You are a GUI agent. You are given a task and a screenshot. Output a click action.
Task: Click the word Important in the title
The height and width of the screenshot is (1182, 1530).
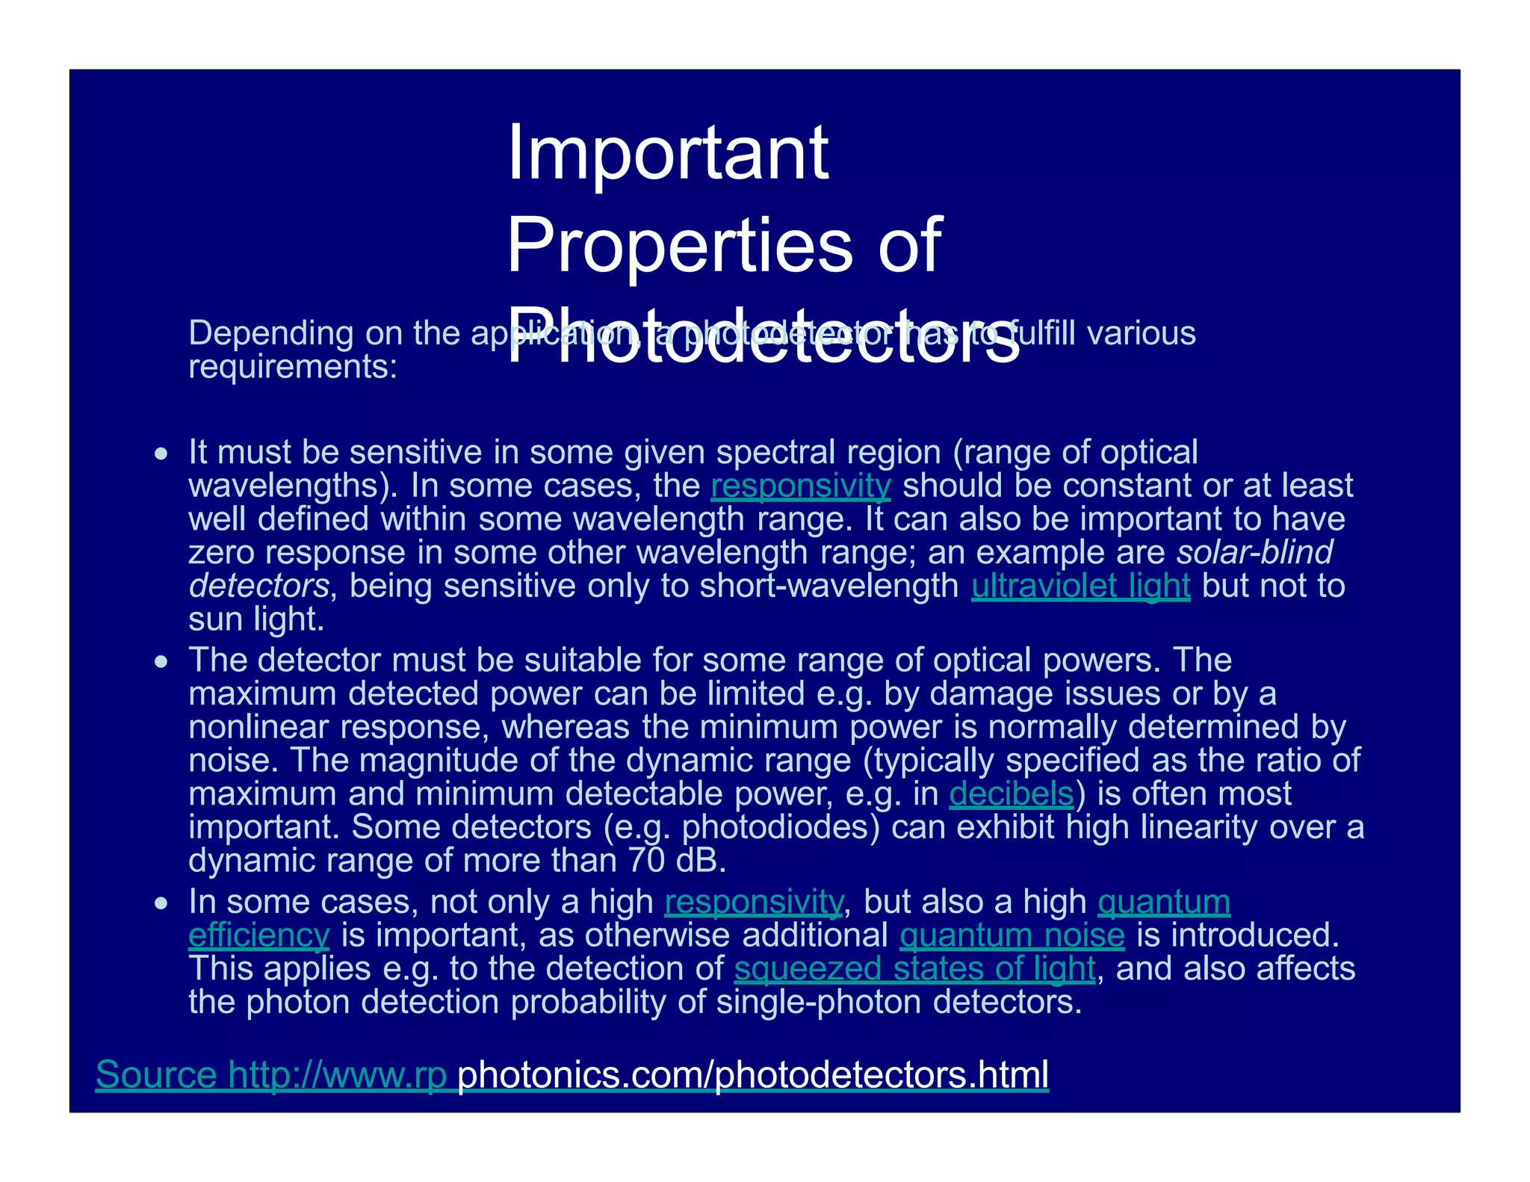coord(667,153)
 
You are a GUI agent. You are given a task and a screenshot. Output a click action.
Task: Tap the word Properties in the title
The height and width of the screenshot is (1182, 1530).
coord(678,245)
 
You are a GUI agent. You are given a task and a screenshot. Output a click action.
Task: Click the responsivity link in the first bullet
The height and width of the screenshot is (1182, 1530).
coord(800,486)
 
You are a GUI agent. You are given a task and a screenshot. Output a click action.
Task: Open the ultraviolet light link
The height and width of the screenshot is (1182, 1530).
coord(1080,586)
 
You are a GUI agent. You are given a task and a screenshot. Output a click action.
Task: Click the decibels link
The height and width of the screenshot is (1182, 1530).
coord(1011,793)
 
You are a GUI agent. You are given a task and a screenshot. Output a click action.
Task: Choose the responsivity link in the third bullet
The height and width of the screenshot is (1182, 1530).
coord(753,902)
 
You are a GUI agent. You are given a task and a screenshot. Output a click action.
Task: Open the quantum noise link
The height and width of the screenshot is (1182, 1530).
coord(1012,935)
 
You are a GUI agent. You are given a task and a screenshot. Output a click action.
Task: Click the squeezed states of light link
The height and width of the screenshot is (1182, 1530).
coord(914,969)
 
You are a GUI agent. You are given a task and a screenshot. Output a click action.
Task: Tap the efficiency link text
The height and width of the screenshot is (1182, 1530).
coord(258,935)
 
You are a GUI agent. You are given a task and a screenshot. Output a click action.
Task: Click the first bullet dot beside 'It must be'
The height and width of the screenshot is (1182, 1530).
coord(161,454)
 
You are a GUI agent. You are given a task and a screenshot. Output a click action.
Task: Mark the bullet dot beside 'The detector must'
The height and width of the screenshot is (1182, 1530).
coord(161,662)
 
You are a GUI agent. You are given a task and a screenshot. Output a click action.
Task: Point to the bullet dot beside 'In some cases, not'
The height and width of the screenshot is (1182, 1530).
coord(161,903)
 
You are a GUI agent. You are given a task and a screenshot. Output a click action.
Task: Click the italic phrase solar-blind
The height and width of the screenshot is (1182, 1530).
coord(1254,553)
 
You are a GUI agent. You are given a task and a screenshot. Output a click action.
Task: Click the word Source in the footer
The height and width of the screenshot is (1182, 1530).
coord(156,1074)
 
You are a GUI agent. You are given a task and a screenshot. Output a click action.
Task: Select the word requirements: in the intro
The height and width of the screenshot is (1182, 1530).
coord(293,367)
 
